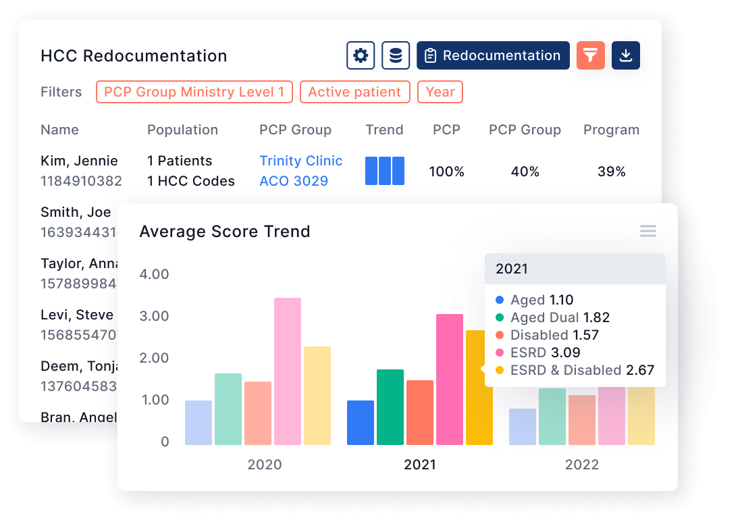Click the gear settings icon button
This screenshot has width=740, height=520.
tap(361, 55)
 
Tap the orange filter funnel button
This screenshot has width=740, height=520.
tap(591, 55)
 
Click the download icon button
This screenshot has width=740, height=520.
tap(626, 55)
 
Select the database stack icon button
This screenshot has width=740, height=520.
tap(396, 55)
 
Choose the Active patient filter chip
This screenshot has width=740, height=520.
tap(354, 92)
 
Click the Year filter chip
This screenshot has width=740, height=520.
tap(440, 92)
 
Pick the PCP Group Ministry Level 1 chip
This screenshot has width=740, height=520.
tap(194, 92)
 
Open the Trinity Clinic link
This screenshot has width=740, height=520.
tap(301, 161)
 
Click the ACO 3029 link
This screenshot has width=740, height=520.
tap(294, 181)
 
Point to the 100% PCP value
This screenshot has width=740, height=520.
tap(447, 172)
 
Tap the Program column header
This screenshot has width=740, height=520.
tap(611, 130)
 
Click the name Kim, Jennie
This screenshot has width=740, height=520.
tap(79, 161)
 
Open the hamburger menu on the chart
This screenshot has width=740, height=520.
tap(648, 232)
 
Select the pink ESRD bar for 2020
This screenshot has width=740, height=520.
tap(288, 371)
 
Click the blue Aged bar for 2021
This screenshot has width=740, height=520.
tap(361, 423)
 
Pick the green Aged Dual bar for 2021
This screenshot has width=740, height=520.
tap(390, 407)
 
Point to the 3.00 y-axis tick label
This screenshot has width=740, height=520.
tap(154, 316)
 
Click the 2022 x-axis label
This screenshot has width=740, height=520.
tap(582, 465)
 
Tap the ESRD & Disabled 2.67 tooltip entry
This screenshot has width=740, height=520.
tap(575, 370)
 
